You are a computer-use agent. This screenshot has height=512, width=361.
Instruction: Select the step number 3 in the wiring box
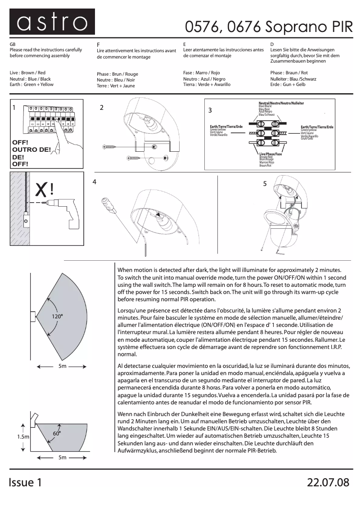click(x=210, y=110)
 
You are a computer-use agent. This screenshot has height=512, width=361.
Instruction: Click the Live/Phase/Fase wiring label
click(x=270, y=154)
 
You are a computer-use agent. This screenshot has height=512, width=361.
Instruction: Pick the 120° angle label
click(x=57, y=317)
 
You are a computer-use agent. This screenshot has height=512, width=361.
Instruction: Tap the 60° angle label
click(x=57, y=433)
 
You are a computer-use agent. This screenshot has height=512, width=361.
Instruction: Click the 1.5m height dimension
click(x=23, y=437)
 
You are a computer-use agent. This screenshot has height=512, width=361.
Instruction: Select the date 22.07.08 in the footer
click(x=328, y=482)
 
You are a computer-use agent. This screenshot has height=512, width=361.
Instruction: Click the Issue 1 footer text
click(x=28, y=482)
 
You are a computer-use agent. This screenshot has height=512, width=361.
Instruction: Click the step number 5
click(x=265, y=184)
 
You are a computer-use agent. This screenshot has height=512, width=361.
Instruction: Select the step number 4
click(x=95, y=182)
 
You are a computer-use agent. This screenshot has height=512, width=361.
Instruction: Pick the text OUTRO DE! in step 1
click(x=31, y=150)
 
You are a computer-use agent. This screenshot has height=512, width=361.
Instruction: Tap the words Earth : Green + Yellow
click(x=32, y=85)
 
